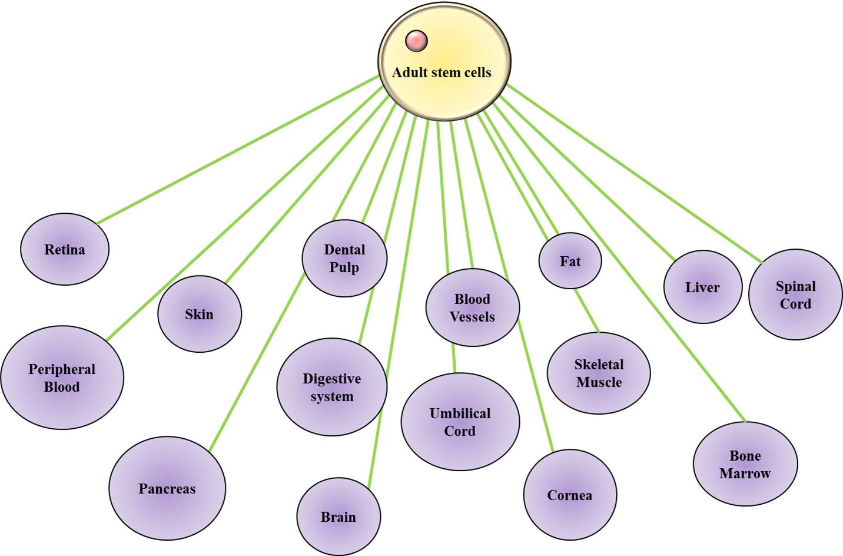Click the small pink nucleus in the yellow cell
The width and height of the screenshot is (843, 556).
coord(416,41)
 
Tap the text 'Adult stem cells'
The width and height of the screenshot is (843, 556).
coord(442,72)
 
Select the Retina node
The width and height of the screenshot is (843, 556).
coord(65,250)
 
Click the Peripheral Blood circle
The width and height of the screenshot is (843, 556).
coord(62,378)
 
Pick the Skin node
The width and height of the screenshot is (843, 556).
coord(200,314)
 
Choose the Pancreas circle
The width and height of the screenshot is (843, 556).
coord(167,488)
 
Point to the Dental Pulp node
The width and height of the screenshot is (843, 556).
coord(344,258)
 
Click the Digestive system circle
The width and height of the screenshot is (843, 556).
coord(332,387)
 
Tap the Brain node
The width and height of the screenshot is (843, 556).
coord(338,517)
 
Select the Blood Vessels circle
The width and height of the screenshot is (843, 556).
coord(472,307)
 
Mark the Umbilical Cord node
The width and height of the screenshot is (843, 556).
coord(460,422)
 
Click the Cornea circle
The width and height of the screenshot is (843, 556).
coord(570,495)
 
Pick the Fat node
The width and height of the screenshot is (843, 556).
coord(570,261)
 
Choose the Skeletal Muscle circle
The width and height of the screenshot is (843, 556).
coord(599,373)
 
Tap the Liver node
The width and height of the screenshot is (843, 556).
coord(702,287)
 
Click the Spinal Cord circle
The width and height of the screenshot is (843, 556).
coord(795,294)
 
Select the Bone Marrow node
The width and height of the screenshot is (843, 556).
coord(745,464)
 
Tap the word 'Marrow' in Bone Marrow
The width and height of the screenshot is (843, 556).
coord(745,474)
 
